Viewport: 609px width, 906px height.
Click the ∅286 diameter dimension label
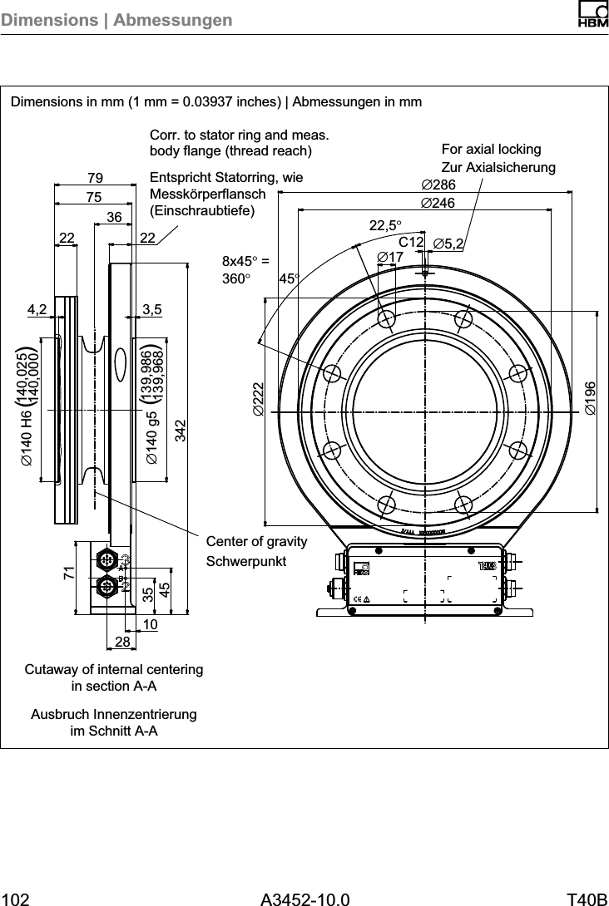click(x=439, y=185)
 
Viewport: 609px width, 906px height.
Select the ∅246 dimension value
click(x=439, y=202)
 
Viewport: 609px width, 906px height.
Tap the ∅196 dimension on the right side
click(x=589, y=398)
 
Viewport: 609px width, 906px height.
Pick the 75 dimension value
click(x=93, y=197)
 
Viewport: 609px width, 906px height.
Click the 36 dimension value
click(x=115, y=217)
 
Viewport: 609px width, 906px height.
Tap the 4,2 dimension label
click(x=37, y=309)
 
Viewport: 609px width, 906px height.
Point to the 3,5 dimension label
click(x=151, y=309)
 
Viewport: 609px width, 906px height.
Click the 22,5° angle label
click(x=385, y=225)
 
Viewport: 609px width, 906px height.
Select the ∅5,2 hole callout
click(x=449, y=243)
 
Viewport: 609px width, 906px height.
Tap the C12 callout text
click(x=411, y=242)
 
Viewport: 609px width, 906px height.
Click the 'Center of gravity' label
click(x=256, y=542)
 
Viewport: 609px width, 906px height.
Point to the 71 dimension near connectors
click(x=69, y=572)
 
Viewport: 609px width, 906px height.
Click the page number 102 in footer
click(x=17, y=899)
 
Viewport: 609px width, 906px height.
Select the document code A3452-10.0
click(x=304, y=899)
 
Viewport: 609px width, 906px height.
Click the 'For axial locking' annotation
click(x=491, y=150)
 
